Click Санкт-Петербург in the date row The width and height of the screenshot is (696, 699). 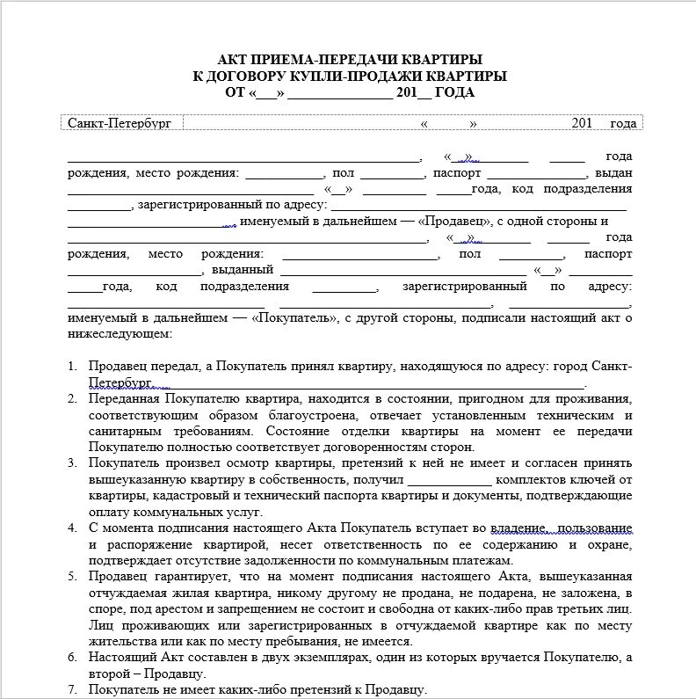pyautogui.click(x=120, y=123)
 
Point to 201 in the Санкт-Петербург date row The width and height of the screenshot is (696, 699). pyautogui.click(x=583, y=123)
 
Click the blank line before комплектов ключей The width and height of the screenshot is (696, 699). pyautogui.click(x=450, y=480)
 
